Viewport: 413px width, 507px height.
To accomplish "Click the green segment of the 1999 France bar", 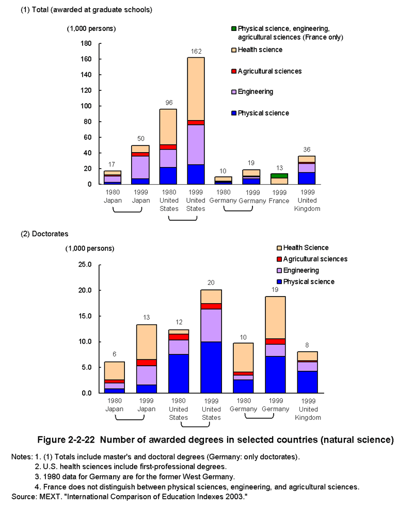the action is pyautogui.click(x=279, y=176).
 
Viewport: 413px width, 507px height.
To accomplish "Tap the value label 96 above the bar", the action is pyautogui.click(x=169, y=103).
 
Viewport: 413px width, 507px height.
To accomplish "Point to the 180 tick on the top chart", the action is pyautogui.click(x=86, y=43).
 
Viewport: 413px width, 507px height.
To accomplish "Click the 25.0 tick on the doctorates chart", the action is pyautogui.click(x=85, y=265).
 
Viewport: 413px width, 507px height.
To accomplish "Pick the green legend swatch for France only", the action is pyautogui.click(x=234, y=28).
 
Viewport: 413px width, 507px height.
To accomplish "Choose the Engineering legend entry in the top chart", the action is pyautogui.click(x=252, y=92).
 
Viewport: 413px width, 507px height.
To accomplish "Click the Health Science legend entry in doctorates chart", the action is pyautogui.click(x=303, y=248).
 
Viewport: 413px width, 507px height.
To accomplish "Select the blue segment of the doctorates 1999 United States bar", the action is pyautogui.click(x=211, y=367).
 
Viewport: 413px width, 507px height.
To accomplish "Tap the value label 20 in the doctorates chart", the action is pyautogui.click(x=211, y=283).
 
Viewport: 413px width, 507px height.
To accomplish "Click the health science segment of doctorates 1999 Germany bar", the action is pyautogui.click(x=275, y=318).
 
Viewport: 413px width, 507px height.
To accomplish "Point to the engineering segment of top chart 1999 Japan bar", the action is pyautogui.click(x=140, y=168).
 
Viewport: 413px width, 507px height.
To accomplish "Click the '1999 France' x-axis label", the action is pyautogui.click(x=279, y=197).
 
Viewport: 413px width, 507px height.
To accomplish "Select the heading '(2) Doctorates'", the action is pyautogui.click(x=45, y=234).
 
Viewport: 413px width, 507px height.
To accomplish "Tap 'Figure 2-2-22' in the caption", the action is pyautogui.click(x=66, y=440).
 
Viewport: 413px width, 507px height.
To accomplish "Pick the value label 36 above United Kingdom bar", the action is pyautogui.click(x=307, y=150).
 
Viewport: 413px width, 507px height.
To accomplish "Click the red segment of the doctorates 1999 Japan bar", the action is pyautogui.click(x=146, y=363).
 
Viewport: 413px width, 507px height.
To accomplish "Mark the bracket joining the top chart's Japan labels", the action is pyautogui.click(x=127, y=211).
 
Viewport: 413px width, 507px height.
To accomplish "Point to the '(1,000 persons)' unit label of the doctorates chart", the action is pyautogui.click(x=90, y=249).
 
